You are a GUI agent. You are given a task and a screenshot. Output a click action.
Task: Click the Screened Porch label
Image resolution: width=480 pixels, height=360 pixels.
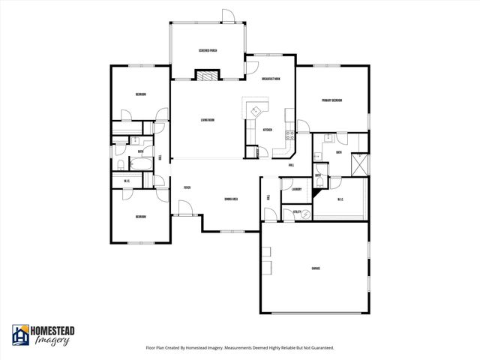(x=208, y=50)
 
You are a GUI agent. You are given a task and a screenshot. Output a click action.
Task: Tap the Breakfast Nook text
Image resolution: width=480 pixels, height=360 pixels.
(x=271, y=79)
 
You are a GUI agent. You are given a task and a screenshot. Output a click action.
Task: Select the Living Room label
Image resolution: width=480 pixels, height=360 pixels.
(x=208, y=120)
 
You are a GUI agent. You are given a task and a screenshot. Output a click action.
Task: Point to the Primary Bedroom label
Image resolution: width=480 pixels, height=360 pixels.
(x=332, y=100)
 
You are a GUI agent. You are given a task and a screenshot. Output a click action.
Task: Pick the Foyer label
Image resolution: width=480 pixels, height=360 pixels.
(x=187, y=187)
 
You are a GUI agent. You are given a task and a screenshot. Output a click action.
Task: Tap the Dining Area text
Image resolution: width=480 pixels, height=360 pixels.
(x=231, y=199)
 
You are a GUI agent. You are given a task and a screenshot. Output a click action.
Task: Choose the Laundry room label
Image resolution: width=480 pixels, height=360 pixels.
(x=296, y=189)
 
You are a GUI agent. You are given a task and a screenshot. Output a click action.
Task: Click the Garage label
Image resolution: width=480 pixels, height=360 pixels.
(x=316, y=268)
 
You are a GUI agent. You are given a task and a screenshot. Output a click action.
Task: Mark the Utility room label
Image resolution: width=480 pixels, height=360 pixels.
(x=297, y=212)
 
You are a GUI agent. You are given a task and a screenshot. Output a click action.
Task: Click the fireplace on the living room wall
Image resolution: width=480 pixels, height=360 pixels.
(x=208, y=74)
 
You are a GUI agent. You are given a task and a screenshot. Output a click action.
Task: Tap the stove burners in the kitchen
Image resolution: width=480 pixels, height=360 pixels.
(x=290, y=135)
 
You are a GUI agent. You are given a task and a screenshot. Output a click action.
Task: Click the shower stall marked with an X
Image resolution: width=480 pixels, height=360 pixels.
(x=359, y=163)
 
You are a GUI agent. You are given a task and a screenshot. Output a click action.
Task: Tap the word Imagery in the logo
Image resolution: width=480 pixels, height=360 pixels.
(x=52, y=340)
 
